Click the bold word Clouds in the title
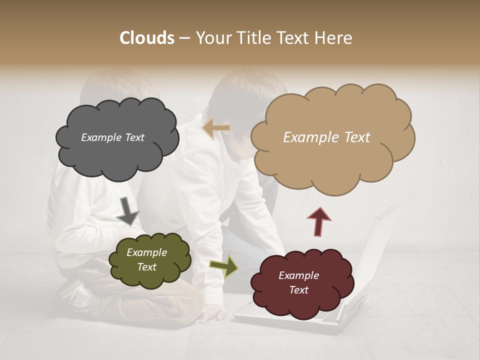146,38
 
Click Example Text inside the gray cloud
112,137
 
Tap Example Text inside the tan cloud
326,137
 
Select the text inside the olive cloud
146,259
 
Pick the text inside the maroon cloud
298,282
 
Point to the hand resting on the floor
212,314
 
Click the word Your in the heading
215,38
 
